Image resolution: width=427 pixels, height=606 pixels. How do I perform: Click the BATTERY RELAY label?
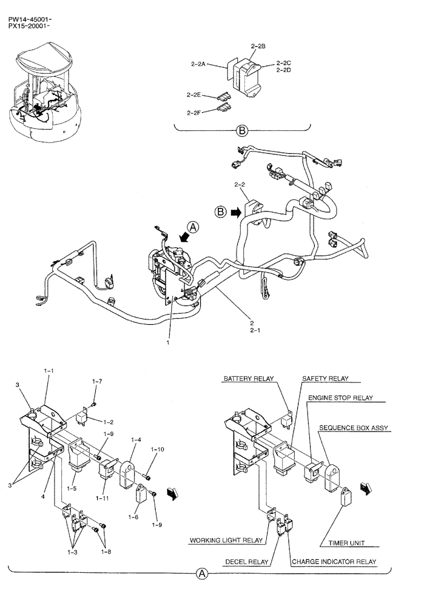(x=248, y=379)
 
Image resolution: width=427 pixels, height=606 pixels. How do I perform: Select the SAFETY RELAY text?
(x=326, y=379)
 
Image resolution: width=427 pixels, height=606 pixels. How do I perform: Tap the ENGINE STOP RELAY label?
(x=340, y=398)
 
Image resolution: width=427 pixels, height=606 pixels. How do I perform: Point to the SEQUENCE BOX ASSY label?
(x=354, y=428)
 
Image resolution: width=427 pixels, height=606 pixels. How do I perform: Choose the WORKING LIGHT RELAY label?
(x=226, y=539)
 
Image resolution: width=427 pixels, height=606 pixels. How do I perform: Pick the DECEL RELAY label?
(x=247, y=562)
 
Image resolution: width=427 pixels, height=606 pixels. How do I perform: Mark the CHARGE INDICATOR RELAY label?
(x=334, y=562)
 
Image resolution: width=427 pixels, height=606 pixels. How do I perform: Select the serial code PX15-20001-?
(x=30, y=27)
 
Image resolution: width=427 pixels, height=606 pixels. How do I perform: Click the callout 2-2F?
(x=194, y=112)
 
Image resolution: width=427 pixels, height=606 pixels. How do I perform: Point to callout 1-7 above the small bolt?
(x=97, y=381)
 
